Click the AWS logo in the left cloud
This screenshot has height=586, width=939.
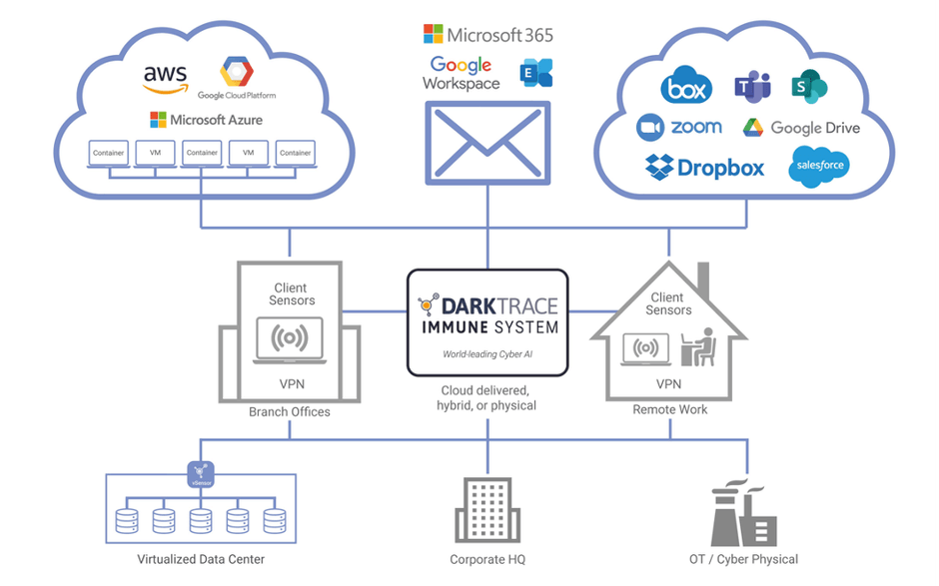(x=165, y=78)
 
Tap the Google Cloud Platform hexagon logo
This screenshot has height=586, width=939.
(x=237, y=73)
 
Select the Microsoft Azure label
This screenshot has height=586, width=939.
(x=206, y=120)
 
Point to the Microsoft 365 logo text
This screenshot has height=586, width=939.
(x=487, y=35)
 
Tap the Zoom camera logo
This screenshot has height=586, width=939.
(x=651, y=128)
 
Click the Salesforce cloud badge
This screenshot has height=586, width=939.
(x=818, y=166)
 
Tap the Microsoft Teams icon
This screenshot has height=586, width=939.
(x=752, y=87)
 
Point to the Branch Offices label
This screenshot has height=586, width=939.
(x=290, y=411)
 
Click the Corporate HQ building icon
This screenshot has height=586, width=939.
(x=487, y=508)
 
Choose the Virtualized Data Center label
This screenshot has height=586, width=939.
(x=201, y=559)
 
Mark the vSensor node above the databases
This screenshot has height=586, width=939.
(x=201, y=473)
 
